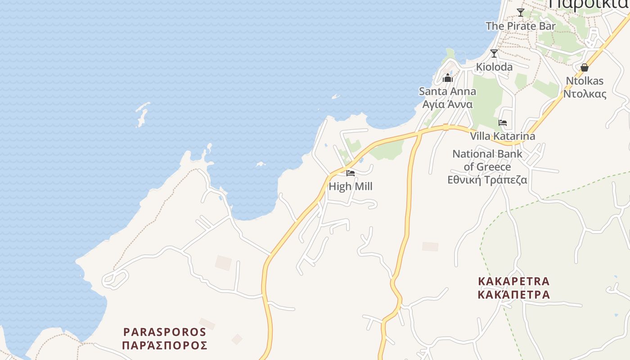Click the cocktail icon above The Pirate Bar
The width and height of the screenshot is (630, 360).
pos(521,13)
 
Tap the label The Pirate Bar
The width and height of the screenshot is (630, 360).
pos(521,26)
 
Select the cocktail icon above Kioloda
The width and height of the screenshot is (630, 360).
pos(494,54)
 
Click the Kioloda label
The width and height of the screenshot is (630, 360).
pos(494,67)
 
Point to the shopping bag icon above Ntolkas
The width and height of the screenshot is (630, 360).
pos(585,68)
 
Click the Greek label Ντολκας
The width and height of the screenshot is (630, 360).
pos(585,94)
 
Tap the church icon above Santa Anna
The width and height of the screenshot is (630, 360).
pos(447,78)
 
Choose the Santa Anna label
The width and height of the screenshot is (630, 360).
pos(447,91)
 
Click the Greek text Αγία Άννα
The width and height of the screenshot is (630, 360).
pos(447,104)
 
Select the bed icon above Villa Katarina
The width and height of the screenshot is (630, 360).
pos(503,123)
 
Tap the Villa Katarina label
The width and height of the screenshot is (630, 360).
pos(503,136)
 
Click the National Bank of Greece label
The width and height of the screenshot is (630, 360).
pos(487,160)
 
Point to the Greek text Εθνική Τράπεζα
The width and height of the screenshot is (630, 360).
pos(487,180)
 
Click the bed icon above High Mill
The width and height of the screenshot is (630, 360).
pos(351,173)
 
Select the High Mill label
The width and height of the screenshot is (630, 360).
pos(351,186)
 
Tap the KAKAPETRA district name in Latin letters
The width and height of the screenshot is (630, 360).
pos(513,281)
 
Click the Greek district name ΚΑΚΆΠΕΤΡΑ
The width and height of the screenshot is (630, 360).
pos(513,295)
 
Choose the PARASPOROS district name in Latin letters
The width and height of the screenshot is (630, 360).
pos(165,332)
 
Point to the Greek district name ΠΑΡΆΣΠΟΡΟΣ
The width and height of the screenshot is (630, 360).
pos(165,346)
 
